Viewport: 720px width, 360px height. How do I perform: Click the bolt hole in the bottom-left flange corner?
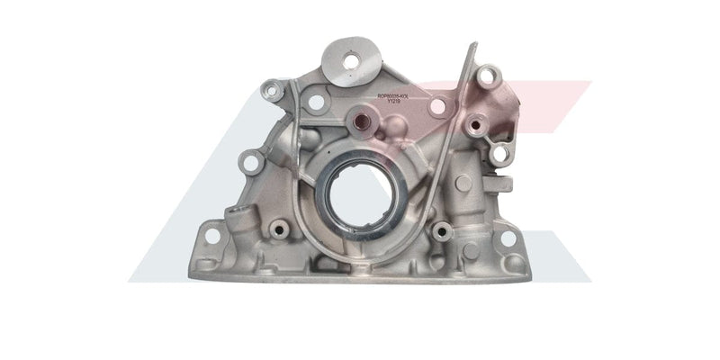[212, 236]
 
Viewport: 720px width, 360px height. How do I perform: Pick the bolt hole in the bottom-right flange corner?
[507, 238]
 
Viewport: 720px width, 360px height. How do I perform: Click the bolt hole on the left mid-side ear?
[251, 162]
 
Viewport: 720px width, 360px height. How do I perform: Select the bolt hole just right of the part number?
[437, 106]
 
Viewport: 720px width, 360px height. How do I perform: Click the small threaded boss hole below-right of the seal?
[441, 232]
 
